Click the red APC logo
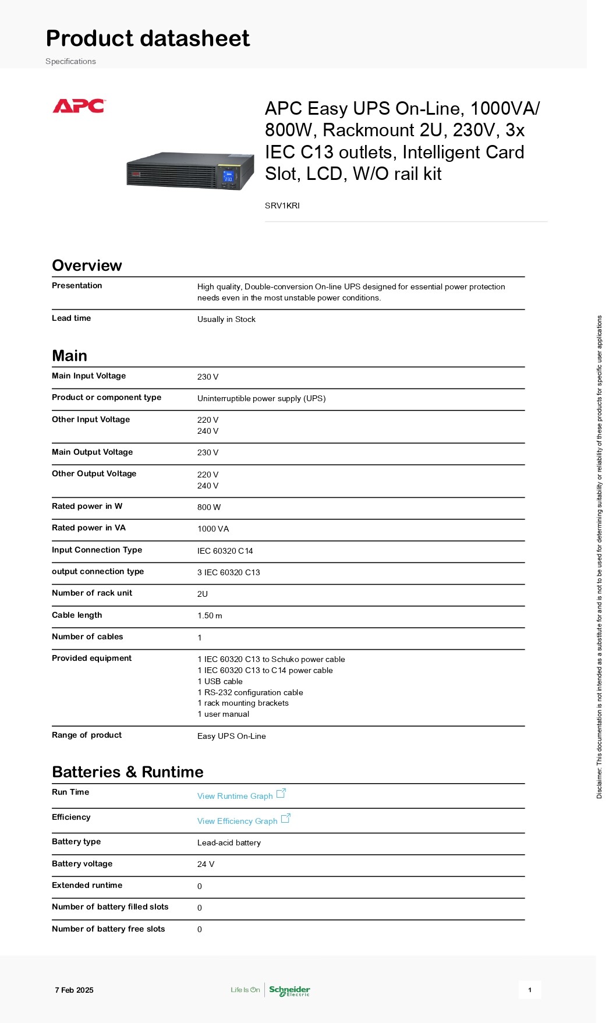(79, 106)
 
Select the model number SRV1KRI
(282, 206)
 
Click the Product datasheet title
(148, 38)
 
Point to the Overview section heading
(87, 266)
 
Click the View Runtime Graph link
(235, 796)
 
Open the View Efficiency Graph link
(238, 821)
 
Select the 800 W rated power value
(209, 507)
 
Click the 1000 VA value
(213, 529)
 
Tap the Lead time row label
(71, 318)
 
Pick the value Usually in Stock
(226, 319)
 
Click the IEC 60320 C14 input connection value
(225, 551)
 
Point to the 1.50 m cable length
(210, 615)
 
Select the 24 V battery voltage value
(206, 864)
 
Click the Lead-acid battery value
(229, 843)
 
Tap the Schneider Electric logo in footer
(289, 990)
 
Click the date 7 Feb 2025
(74, 990)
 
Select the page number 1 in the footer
(530, 990)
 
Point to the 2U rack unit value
(203, 594)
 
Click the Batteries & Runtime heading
(128, 772)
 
